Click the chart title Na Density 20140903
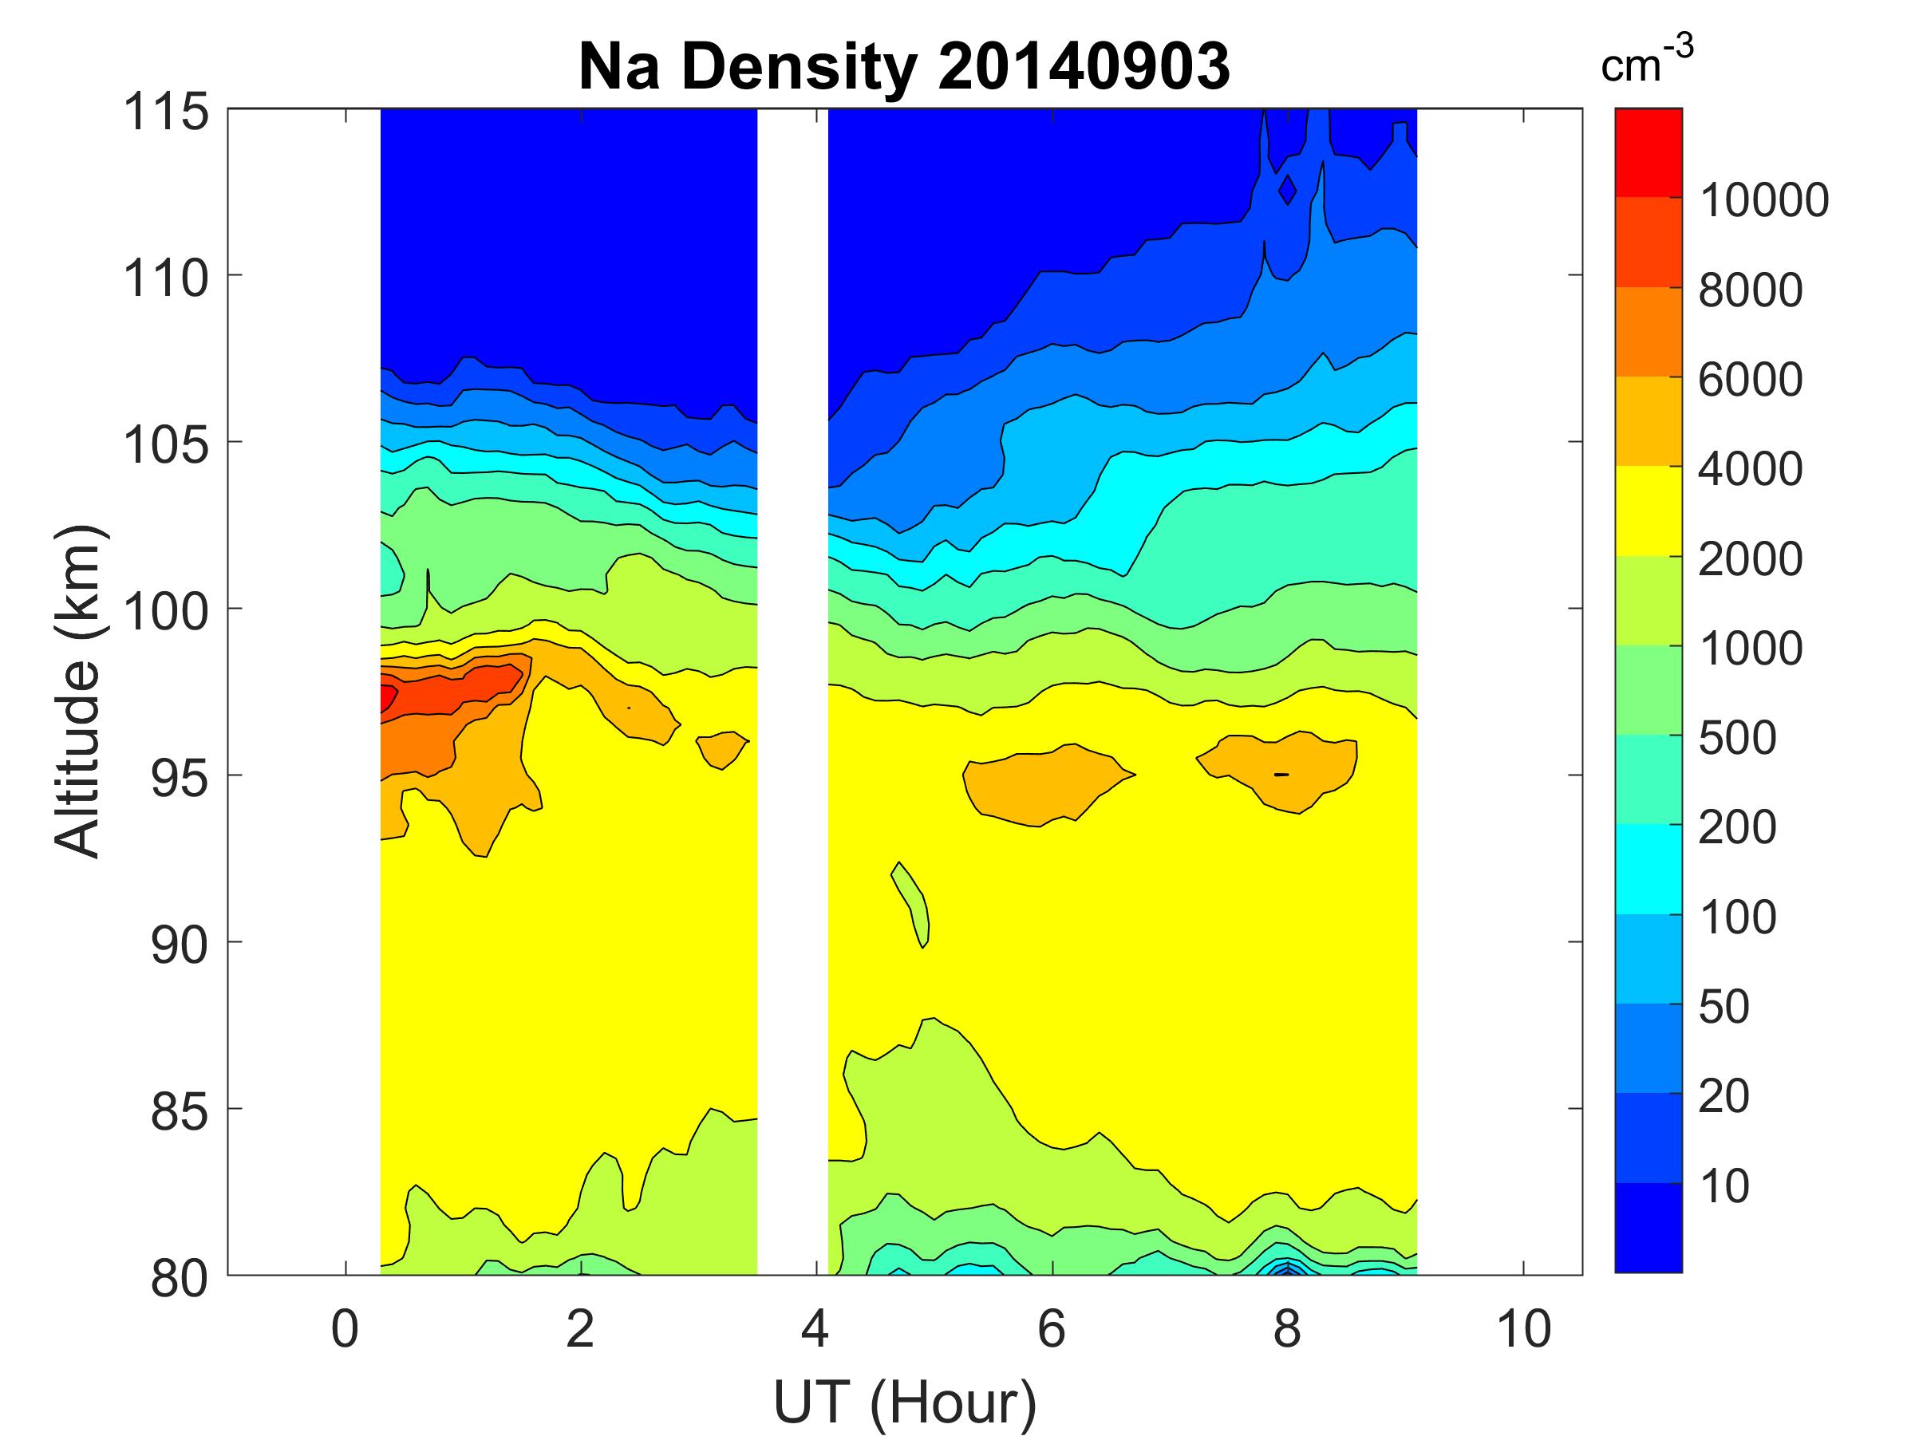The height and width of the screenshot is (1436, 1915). pos(904,67)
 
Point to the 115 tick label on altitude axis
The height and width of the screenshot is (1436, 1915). pos(165,112)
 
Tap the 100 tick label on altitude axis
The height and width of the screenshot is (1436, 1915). pos(165,611)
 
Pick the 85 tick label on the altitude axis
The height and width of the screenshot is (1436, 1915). pos(179,1111)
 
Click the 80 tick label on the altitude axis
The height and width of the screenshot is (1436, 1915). pos(179,1277)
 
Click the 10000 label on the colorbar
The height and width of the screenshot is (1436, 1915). pos(1763,200)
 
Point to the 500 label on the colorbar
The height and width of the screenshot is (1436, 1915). pos(1736,737)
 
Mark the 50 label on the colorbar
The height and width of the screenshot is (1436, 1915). pos(1723,1006)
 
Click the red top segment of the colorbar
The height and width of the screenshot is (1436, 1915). pos(1648,152)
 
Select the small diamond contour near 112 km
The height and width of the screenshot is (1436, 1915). pos(1287,190)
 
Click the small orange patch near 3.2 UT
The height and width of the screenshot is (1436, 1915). pos(721,746)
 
